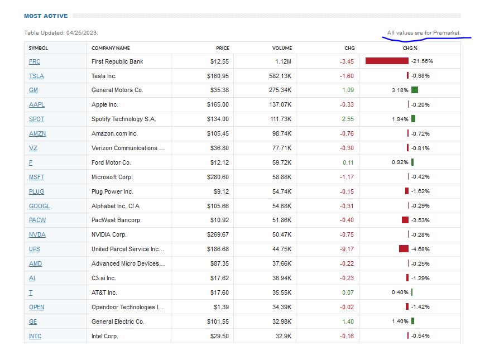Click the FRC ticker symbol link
click(35, 61)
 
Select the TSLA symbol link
click(36, 76)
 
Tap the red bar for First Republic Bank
click(387, 61)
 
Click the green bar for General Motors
click(414, 90)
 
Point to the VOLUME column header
click(282, 48)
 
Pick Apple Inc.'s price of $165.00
click(218, 105)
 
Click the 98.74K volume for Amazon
click(282, 134)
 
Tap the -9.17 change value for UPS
click(347, 249)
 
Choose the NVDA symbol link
click(37, 234)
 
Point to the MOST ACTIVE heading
click(46, 16)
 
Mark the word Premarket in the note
click(447, 33)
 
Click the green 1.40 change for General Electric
click(348, 321)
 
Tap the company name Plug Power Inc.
click(112, 191)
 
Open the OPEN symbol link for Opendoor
click(36, 307)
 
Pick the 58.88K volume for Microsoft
click(282, 177)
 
